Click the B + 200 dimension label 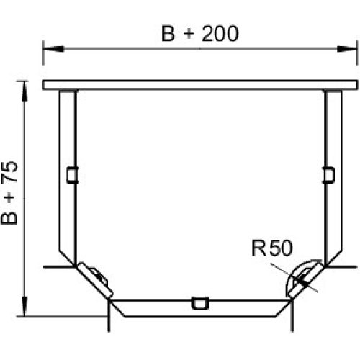[x=200, y=34]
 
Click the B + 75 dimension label [x=9, y=193]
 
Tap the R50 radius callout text [x=272, y=248]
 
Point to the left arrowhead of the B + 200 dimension [x=53, y=49]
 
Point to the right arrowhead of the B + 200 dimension [x=347, y=49]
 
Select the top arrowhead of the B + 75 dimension [x=24, y=91]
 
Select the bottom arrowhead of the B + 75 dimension [x=24, y=306]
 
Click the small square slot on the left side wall [x=73, y=175]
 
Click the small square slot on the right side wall [x=328, y=175]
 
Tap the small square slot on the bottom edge [x=199, y=303]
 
